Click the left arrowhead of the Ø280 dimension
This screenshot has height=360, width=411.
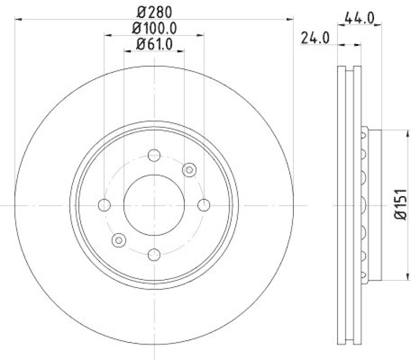click(x=19, y=20)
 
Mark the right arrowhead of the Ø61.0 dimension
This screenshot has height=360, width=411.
click(x=181, y=51)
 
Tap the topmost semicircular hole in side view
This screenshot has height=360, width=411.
click(x=364, y=135)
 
